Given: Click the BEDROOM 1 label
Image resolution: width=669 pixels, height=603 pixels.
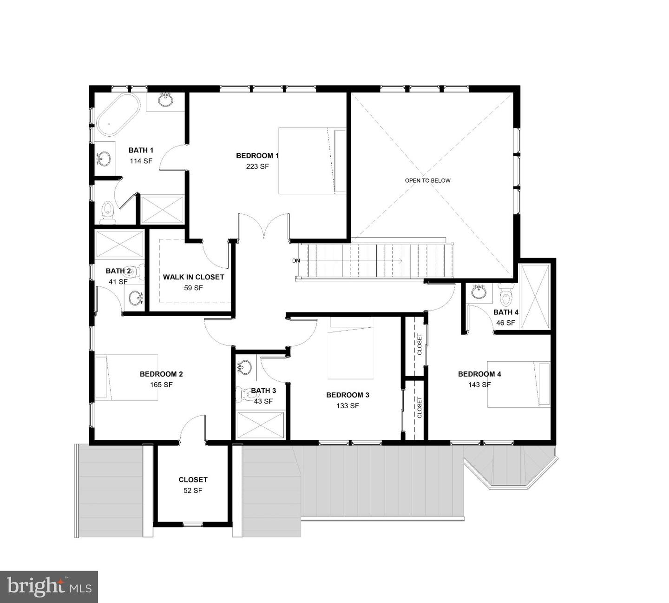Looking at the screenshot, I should tap(257, 156).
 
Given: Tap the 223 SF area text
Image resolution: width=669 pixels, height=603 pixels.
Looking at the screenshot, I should tap(257, 166).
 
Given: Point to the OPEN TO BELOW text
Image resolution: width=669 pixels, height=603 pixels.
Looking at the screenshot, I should tap(427, 180).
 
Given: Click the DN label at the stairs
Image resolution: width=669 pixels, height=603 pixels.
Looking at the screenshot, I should tap(296, 260).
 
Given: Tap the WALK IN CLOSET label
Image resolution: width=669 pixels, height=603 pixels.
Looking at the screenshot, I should tap(193, 277).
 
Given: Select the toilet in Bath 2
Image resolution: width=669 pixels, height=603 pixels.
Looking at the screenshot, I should tap(133, 271).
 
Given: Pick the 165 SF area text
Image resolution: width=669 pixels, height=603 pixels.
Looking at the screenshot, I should tap(161, 384).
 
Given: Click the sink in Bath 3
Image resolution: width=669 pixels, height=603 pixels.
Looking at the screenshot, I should tap(244, 367).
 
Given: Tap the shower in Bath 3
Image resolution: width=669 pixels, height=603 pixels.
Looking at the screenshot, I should tap(260, 424).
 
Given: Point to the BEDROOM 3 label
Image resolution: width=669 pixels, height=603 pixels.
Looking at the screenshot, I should tap(348, 395).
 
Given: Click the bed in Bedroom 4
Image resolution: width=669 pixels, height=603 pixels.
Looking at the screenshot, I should tap(518, 384).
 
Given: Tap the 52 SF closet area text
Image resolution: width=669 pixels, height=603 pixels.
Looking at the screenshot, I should tap(193, 490).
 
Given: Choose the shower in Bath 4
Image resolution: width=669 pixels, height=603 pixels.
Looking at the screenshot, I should tap(535, 297).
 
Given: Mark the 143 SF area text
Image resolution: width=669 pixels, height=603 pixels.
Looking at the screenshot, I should tap(479, 384).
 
